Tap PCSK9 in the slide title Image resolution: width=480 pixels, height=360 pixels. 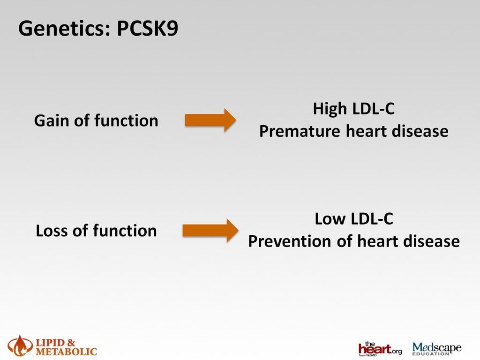point(147,29)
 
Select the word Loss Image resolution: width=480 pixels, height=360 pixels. point(52,231)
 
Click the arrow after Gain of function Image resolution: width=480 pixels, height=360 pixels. point(210,120)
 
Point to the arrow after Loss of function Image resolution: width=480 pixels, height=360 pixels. point(210,231)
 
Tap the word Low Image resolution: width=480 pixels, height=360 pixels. point(330,219)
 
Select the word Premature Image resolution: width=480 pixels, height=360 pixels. point(300,131)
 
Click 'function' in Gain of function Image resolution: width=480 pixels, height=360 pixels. point(126,120)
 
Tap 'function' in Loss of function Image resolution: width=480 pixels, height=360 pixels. point(125,231)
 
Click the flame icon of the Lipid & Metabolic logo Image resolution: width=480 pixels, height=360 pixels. point(20,346)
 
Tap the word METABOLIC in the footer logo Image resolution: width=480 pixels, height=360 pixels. point(67,352)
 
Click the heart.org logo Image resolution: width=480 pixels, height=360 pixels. point(380,349)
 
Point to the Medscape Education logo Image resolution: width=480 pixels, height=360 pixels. point(437,349)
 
